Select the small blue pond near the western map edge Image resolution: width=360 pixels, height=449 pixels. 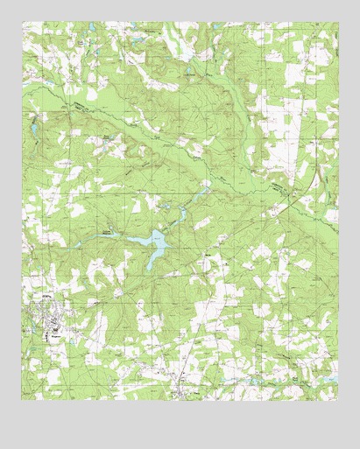[32, 129]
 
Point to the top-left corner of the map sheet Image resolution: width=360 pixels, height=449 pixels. [22, 23]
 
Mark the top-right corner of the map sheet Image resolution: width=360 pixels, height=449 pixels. [338, 23]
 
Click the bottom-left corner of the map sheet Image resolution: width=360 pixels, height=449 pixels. [22, 400]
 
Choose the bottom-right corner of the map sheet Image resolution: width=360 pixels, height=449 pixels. [338, 400]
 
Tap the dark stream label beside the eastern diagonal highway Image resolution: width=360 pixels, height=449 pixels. [279, 187]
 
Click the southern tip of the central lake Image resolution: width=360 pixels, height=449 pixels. [149, 267]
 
